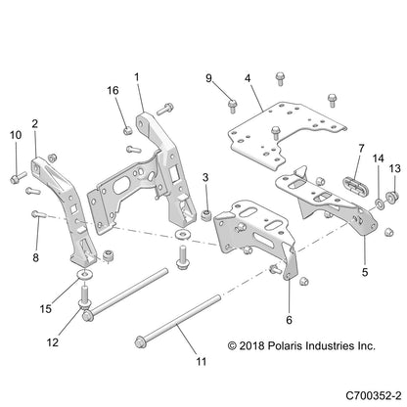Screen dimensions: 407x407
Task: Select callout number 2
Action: pos(35,124)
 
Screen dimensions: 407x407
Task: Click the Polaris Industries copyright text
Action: pos(300,345)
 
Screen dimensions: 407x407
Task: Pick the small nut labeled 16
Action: pos(127,126)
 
